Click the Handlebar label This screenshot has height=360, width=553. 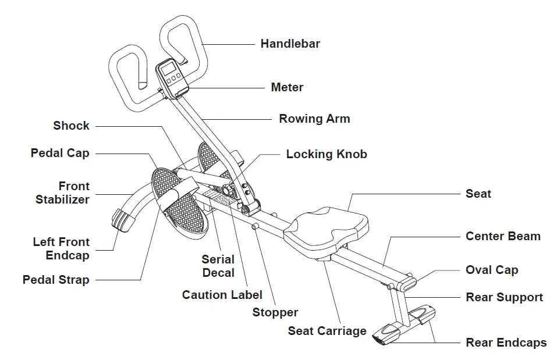(x=290, y=44)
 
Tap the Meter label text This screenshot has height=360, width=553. (x=287, y=88)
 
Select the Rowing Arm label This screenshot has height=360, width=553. (x=314, y=119)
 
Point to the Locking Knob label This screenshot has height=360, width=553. (x=327, y=155)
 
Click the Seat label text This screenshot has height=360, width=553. (x=478, y=194)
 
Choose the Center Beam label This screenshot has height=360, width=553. (x=503, y=236)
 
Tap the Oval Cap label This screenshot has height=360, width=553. (x=492, y=270)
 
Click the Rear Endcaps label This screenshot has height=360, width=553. (x=506, y=343)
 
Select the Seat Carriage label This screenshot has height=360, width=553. (x=327, y=331)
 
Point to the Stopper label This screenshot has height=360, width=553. (x=275, y=313)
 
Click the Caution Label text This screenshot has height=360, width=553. (x=222, y=295)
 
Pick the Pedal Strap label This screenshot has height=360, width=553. (x=56, y=280)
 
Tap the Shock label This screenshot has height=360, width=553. (x=71, y=126)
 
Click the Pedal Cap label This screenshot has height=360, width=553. (x=60, y=153)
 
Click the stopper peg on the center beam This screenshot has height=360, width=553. (x=255, y=226)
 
